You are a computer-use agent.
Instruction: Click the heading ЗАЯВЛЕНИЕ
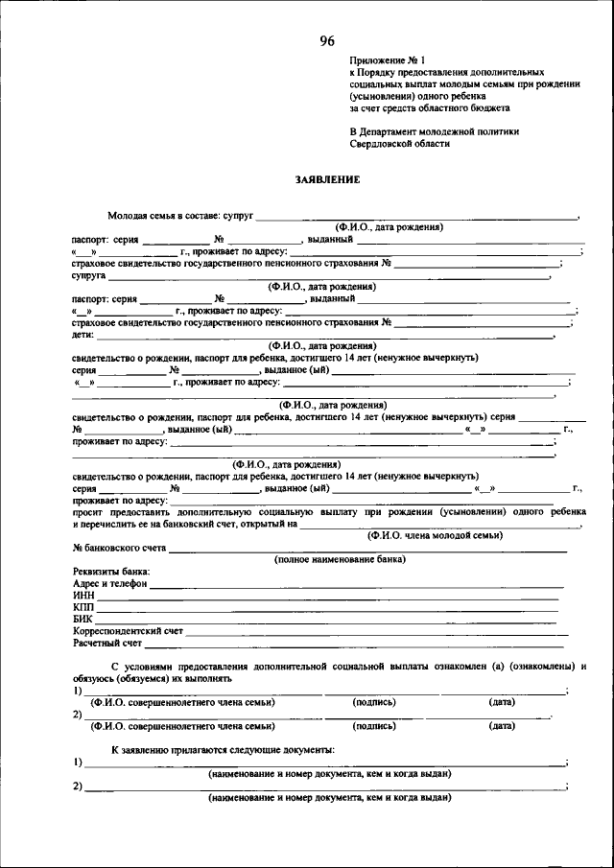point(327,178)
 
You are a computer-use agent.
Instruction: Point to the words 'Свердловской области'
point(400,143)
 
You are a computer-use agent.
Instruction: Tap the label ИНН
point(83,596)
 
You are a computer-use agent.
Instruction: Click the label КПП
point(83,607)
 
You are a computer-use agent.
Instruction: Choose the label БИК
point(83,620)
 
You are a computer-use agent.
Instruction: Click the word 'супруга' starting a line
point(88,275)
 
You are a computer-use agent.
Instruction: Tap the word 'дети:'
point(83,335)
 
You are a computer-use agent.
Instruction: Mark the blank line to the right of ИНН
point(326,597)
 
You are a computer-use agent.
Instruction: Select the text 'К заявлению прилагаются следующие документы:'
point(223,748)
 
